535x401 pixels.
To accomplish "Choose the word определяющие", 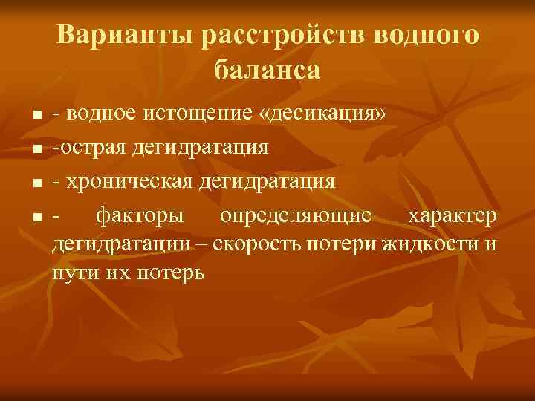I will (x=296, y=215).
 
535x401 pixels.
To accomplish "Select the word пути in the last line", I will (x=71, y=273).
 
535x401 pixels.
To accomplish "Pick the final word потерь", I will (x=169, y=273).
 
